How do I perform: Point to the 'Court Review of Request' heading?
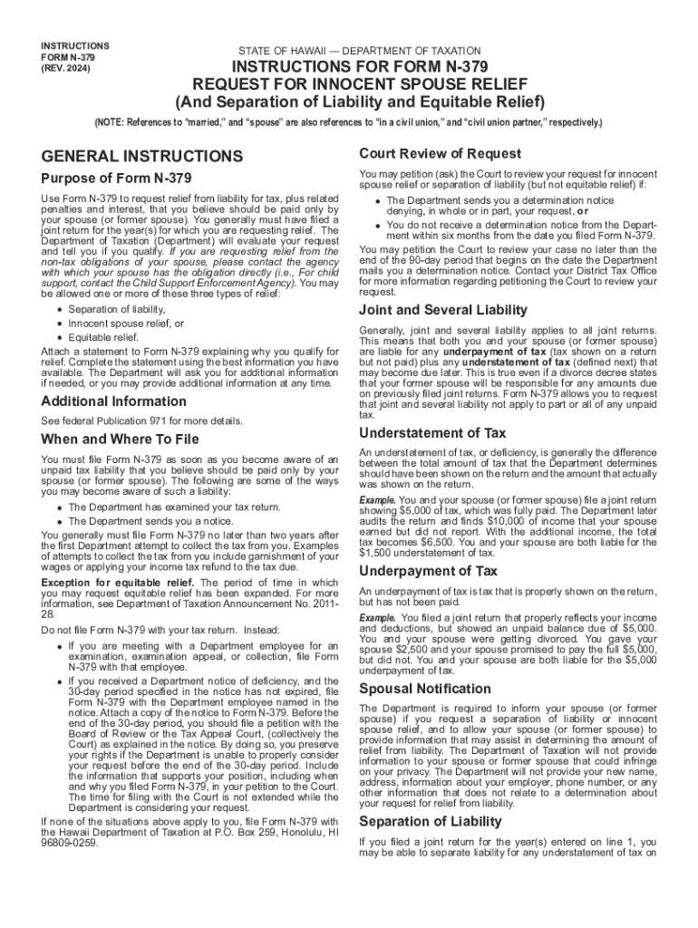tap(440, 153)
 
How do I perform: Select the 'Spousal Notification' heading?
tap(425, 689)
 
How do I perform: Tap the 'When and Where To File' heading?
tap(120, 440)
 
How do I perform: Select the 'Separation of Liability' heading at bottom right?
tap(430, 821)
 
